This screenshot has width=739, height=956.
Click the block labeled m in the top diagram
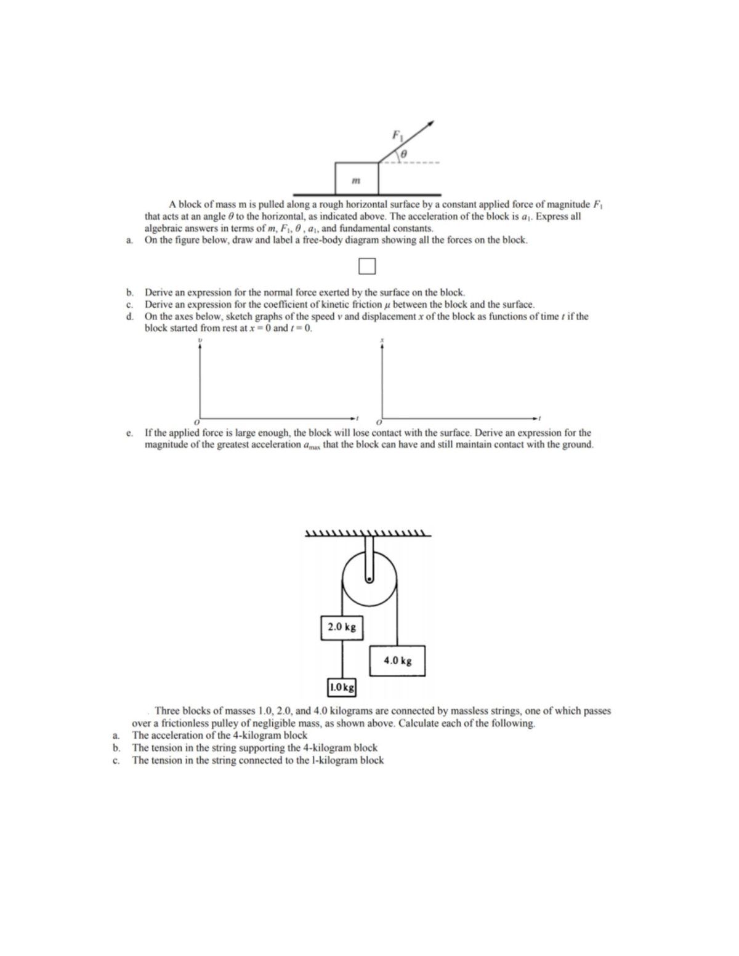357,178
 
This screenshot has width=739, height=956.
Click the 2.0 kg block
342,627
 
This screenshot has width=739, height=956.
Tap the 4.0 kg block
397,661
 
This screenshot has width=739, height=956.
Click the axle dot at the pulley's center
369,579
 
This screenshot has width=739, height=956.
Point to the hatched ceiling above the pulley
368,532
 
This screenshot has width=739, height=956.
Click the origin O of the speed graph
196,424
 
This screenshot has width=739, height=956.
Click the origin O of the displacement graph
379,424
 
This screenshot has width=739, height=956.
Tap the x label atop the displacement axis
382,339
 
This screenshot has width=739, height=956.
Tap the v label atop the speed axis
198,339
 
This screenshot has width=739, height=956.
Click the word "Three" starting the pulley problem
168,710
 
